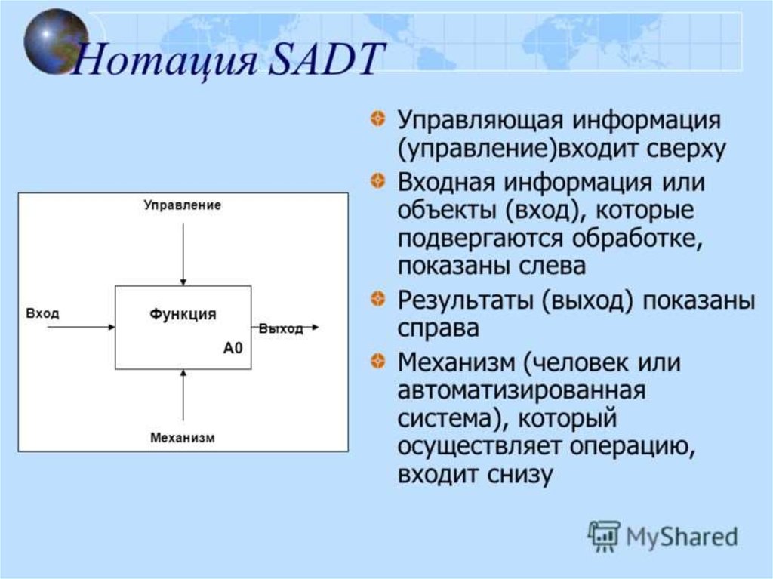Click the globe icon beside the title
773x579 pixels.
(56, 42)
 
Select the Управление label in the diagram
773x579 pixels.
(183, 205)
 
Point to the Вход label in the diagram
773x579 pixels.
(42, 313)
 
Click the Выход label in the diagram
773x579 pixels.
(281, 328)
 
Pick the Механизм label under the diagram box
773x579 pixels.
(183, 437)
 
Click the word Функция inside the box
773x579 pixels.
(183, 314)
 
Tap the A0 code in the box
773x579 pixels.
(233, 348)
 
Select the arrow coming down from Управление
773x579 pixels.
(183, 254)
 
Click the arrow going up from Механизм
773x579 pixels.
(183, 395)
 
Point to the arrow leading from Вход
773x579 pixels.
(82, 327)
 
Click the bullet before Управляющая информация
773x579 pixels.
(377, 119)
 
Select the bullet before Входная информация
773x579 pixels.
(377, 180)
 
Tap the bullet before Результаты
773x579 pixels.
(377, 298)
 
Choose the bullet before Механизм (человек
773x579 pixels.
(377, 361)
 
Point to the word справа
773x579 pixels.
(439, 328)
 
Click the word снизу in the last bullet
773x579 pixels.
(520, 474)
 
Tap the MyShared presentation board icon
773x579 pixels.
(603, 536)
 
